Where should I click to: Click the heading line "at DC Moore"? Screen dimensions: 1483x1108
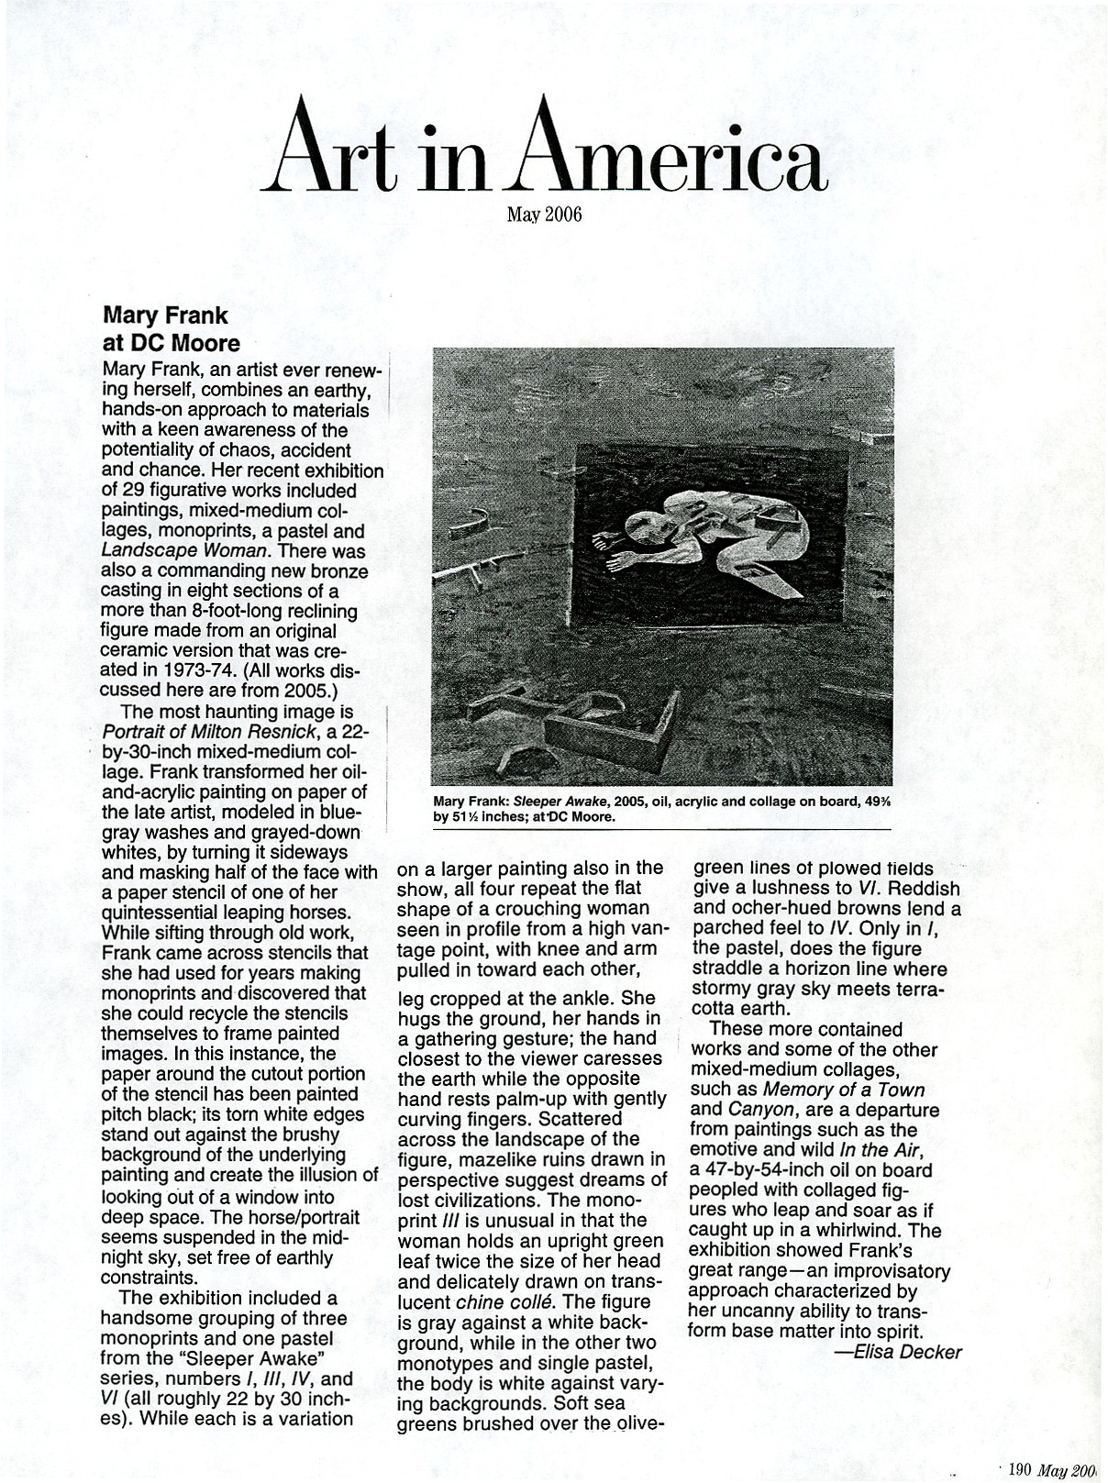coord(171,343)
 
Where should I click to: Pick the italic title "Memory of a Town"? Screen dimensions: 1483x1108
coord(843,1090)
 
